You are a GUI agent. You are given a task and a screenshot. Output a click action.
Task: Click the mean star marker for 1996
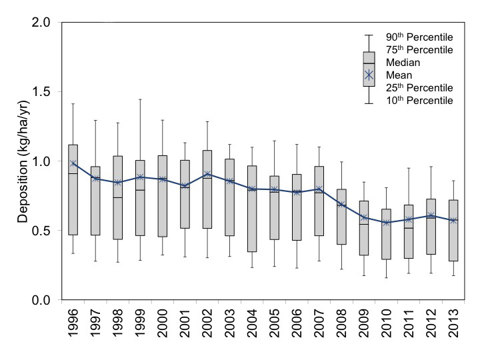pos(74,163)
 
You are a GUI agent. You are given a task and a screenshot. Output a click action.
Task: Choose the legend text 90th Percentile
pos(420,37)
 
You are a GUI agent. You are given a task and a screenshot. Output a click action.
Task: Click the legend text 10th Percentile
pos(420,101)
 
